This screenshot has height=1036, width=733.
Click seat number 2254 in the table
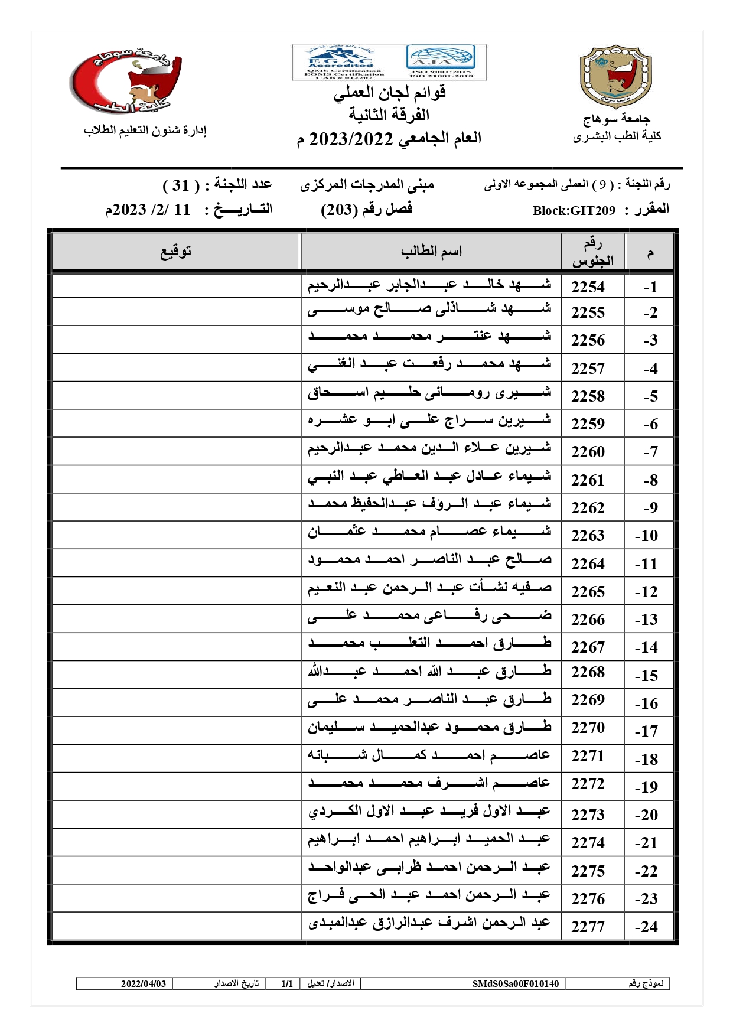(x=588, y=287)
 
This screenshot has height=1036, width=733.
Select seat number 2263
(x=588, y=536)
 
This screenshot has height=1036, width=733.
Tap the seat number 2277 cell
(x=588, y=927)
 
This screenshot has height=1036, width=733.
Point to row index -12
(x=646, y=592)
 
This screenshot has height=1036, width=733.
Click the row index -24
(x=646, y=927)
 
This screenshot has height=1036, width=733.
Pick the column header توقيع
(x=176, y=252)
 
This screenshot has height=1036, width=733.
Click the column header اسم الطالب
(x=431, y=252)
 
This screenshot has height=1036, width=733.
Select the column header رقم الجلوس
(x=592, y=252)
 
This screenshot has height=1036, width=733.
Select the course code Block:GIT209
(x=574, y=211)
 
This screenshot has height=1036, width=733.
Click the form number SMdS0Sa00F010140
(x=515, y=983)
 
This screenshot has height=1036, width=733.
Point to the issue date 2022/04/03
(x=144, y=983)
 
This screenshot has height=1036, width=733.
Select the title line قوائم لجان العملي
(x=389, y=93)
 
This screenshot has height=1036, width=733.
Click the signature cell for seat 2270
(x=176, y=731)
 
